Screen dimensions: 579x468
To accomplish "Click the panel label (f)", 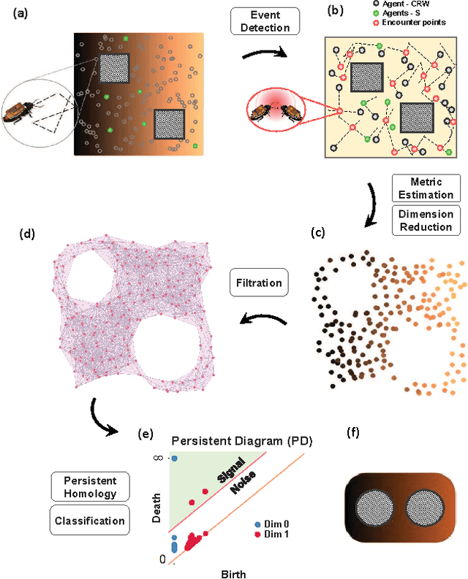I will (x=353, y=431).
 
